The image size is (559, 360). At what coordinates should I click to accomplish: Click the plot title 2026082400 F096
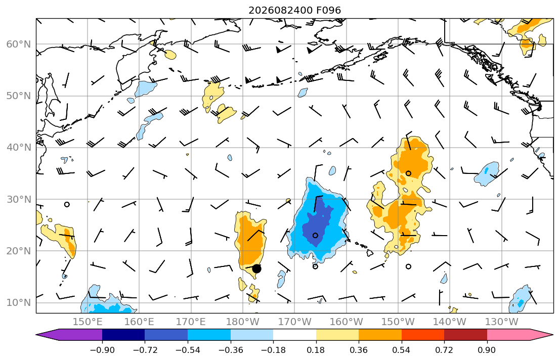pyautogui.click(x=294, y=10)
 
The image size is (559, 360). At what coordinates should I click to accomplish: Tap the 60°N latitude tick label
pyautogui.click(x=19, y=44)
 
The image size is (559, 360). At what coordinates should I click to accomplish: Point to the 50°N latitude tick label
pyautogui.click(x=19, y=96)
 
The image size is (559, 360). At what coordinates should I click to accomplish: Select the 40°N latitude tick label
pyautogui.click(x=19, y=148)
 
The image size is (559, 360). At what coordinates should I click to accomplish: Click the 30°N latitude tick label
pyautogui.click(x=19, y=199)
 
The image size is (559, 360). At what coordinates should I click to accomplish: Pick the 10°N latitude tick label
pyautogui.click(x=19, y=303)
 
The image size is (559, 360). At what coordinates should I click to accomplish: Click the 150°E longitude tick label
pyautogui.click(x=88, y=322)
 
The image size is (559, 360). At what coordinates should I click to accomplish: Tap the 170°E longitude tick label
pyautogui.click(x=191, y=322)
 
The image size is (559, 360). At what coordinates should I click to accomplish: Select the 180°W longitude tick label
pyautogui.click(x=243, y=322)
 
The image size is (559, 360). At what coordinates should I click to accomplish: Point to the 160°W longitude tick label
pyautogui.click(x=346, y=322)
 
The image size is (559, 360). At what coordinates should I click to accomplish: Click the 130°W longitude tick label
pyautogui.click(x=502, y=322)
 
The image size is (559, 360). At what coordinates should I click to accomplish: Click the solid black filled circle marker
pyautogui.click(x=256, y=269)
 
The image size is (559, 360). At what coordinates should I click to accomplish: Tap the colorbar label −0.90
pyautogui.click(x=102, y=350)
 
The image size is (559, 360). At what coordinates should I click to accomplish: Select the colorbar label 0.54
pyautogui.click(x=402, y=350)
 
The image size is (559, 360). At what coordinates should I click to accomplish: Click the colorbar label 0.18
pyautogui.click(x=316, y=350)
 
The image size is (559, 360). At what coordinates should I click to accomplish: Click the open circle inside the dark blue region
pyautogui.click(x=315, y=235)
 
